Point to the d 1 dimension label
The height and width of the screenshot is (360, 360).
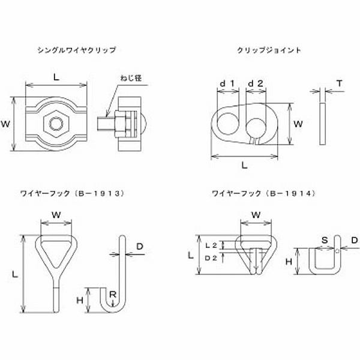click(x=227, y=83)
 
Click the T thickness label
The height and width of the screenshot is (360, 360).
click(x=340, y=83)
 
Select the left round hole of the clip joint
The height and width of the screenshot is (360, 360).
click(x=227, y=124)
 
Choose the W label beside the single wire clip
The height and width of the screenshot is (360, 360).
click(x=5, y=124)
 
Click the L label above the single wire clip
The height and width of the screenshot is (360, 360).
click(x=56, y=77)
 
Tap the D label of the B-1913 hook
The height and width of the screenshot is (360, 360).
click(x=140, y=246)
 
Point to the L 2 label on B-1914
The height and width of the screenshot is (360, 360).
click(x=210, y=245)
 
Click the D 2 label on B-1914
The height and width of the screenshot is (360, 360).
click(x=210, y=257)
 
